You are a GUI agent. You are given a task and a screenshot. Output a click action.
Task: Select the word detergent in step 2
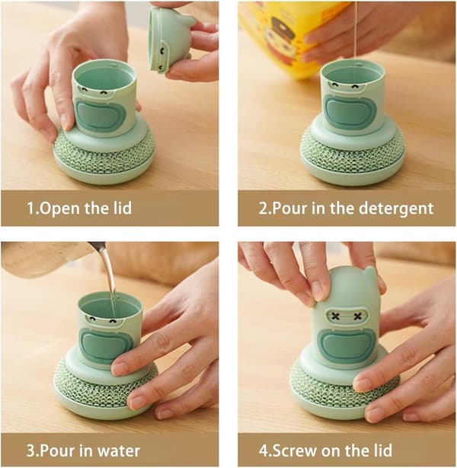click(x=396, y=209)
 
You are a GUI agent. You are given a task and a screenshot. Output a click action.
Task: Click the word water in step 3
click(x=119, y=450)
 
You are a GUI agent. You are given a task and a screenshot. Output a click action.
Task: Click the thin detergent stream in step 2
click(x=355, y=33)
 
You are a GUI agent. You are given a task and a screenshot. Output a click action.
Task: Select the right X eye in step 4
click(x=357, y=316)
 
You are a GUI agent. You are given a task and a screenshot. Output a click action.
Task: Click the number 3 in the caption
click(x=30, y=450)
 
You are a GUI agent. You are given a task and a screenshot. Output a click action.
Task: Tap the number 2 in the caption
click(x=264, y=209)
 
